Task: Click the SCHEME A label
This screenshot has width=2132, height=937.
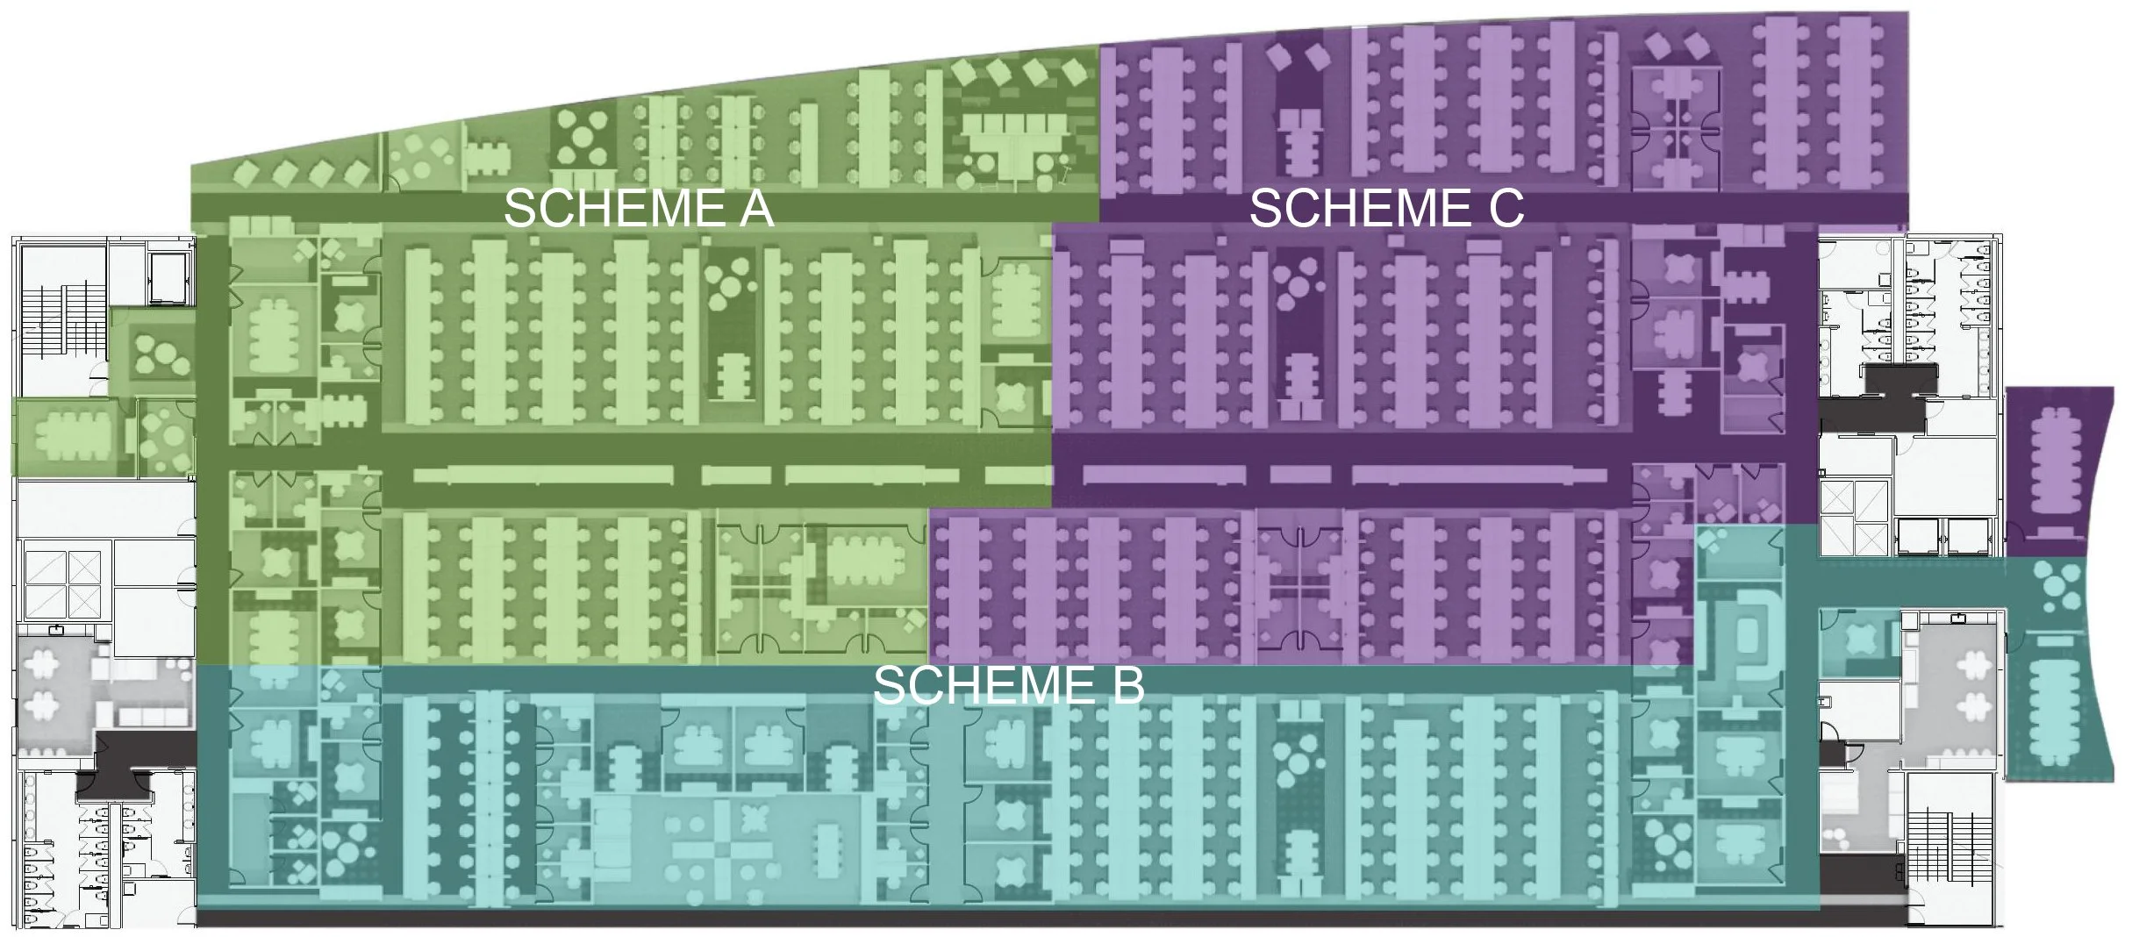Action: [638, 209]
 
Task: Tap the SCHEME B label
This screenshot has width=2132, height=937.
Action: [1008, 685]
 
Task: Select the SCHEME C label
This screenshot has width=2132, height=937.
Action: [1386, 209]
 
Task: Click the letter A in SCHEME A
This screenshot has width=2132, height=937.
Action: [755, 209]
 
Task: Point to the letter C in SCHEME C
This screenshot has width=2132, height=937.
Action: [1505, 209]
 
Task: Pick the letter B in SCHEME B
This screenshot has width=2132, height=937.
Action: [1127, 685]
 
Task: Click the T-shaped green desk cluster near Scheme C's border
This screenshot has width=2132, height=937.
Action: [1009, 140]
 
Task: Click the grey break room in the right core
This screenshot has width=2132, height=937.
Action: [1952, 693]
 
